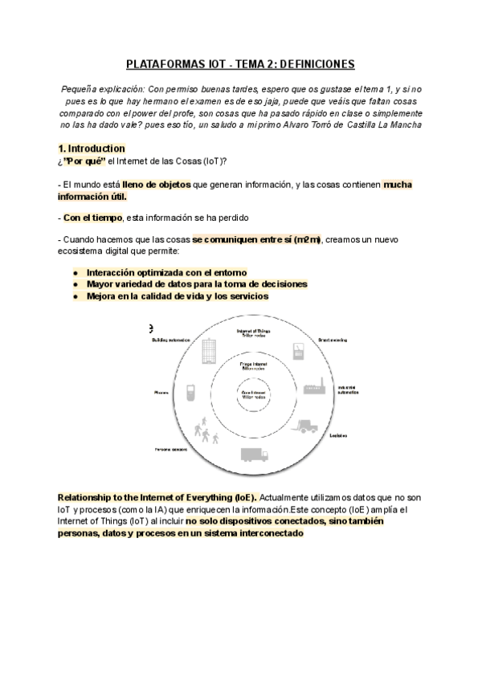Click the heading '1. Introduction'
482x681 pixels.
tap(92, 149)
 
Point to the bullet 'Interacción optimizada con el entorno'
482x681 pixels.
tap(166, 272)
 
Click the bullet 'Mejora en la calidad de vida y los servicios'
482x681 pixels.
tap(177, 296)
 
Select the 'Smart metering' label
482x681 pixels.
tap(333, 340)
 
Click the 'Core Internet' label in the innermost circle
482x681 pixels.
tap(253, 394)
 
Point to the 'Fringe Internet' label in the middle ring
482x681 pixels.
tap(253, 365)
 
